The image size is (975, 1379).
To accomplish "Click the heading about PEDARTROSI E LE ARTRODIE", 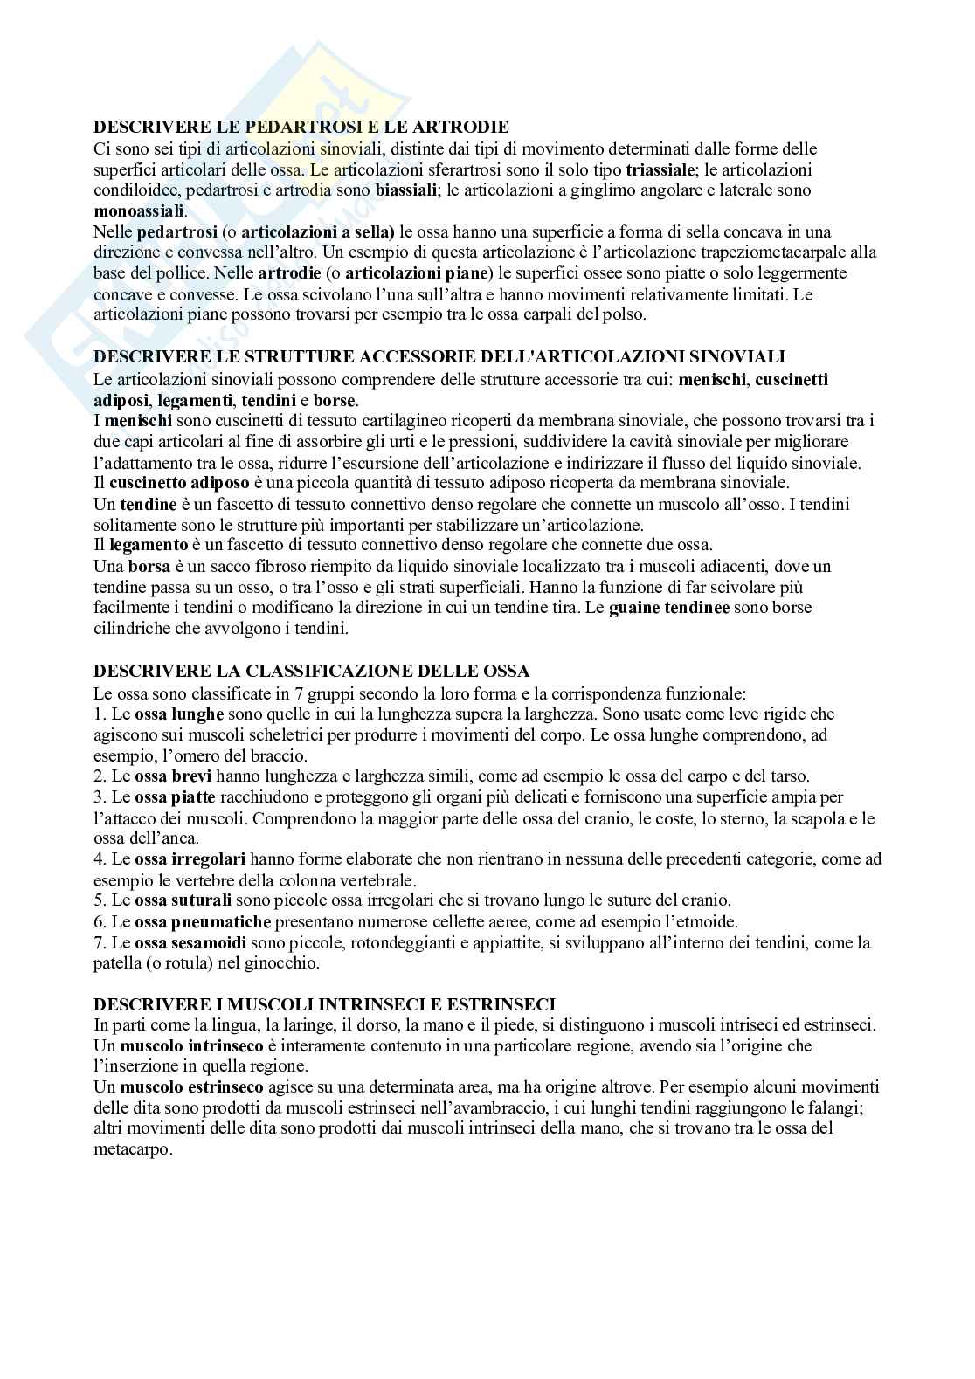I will [x=301, y=128].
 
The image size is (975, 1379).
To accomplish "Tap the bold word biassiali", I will [x=406, y=190].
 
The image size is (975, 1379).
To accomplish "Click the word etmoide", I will [x=709, y=921].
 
